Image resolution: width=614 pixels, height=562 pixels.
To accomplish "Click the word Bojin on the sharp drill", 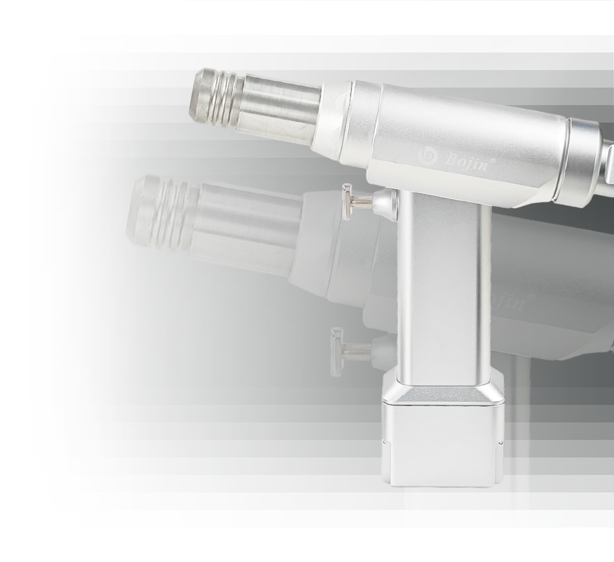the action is coord(466,162).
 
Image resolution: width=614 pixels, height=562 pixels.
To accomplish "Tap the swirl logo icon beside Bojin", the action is coord(427,155).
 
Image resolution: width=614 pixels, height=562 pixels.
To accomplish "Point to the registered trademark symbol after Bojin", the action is coord(493,160).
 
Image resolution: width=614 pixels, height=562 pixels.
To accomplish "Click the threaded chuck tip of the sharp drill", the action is coord(217,96).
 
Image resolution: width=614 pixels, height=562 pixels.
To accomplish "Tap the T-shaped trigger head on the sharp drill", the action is coord(347,202).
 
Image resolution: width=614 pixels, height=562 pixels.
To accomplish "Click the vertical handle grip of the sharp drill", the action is coord(444,286).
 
